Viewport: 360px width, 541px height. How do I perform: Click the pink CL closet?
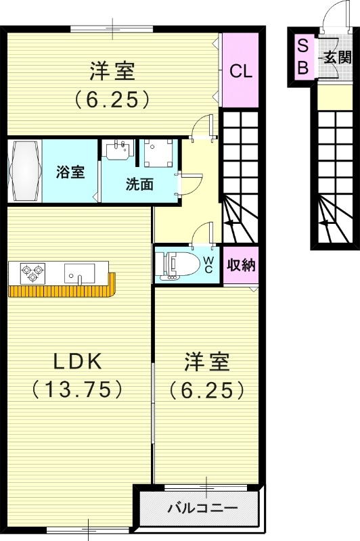tap(240, 70)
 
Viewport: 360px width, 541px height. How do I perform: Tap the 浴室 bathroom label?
tap(70, 172)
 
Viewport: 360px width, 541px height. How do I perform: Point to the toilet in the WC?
tap(177, 264)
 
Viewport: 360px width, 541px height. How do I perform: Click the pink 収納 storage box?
tap(241, 265)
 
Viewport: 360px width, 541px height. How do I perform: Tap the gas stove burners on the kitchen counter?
tap(30, 273)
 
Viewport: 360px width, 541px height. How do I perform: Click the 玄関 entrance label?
tap(337, 57)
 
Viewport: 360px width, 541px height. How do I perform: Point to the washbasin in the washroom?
tap(119, 151)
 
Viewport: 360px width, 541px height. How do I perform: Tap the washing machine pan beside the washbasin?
tap(158, 153)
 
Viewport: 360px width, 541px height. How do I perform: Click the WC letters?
tap(209, 264)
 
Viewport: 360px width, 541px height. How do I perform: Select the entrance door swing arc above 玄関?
tap(333, 16)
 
